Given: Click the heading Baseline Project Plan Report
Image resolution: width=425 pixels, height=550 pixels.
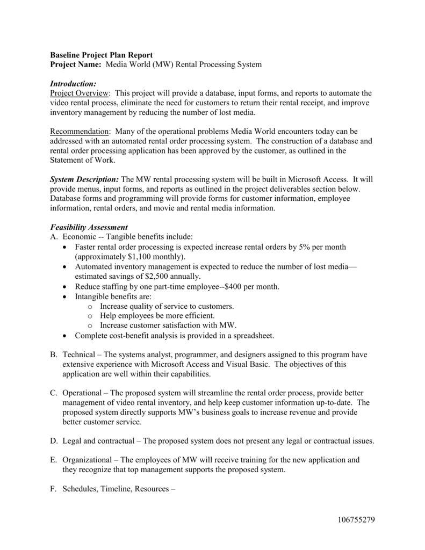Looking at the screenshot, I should tap(102, 55).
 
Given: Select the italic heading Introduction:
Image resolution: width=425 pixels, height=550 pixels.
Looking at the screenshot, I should tap(73, 84).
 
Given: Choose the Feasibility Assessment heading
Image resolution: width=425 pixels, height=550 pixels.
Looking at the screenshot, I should tap(89, 227).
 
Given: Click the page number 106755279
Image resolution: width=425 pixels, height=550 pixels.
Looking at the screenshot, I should tap(357, 520).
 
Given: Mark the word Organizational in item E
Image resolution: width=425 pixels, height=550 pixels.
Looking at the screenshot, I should tap(89, 460).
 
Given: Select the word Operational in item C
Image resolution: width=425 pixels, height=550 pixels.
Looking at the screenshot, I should tap(84, 393).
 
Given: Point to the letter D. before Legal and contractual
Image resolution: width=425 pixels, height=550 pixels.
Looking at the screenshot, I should tap(54, 441).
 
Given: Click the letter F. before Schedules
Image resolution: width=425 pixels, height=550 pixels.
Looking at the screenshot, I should tap(53, 489).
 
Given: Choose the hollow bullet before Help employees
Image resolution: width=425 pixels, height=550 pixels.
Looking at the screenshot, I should tap(90, 316).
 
